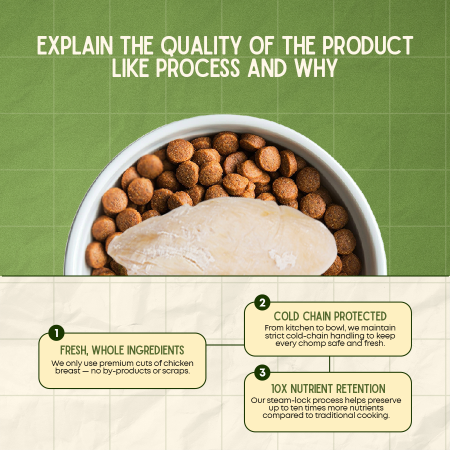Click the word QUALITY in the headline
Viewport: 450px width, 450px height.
click(x=201, y=45)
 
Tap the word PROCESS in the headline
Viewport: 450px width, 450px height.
click(x=198, y=68)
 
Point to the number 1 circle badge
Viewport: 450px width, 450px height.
click(x=56, y=333)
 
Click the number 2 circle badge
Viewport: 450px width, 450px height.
click(x=262, y=302)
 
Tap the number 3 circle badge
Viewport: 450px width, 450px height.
click(x=262, y=372)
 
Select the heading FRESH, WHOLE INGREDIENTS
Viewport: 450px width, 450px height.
click(x=122, y=350)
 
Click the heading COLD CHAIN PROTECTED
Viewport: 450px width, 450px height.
click(x=330, y=316)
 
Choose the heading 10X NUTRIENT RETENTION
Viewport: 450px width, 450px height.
click(x=328, y=389)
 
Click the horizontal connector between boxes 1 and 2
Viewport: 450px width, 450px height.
click(x=225, y=344)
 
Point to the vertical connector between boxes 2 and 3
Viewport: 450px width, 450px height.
click(x=329, y=364)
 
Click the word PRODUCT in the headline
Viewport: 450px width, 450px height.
click(x=367, y=45)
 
